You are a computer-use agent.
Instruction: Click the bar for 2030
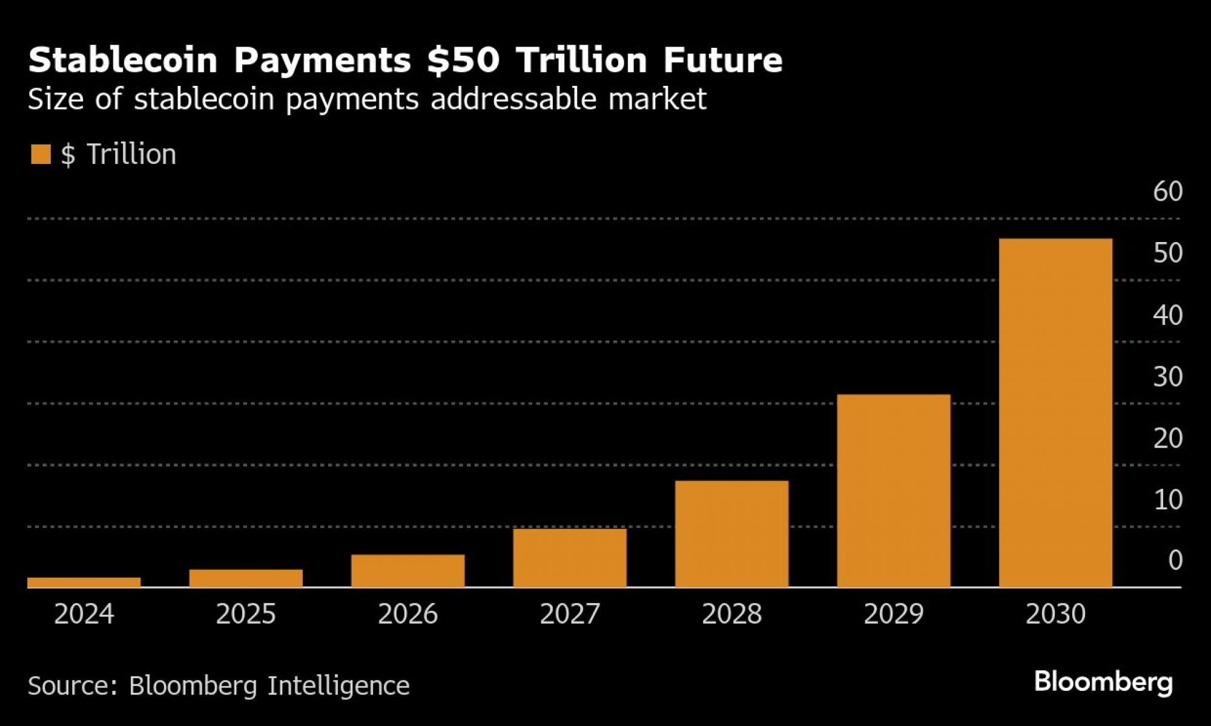click(x=1055, y=413)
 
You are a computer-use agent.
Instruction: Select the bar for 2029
click(x=894, y=491)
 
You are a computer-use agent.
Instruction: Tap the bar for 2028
click(x=731, y=534)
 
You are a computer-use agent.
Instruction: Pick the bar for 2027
click(x=570, y=558)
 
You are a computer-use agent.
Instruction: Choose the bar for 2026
click(x=408, y=571)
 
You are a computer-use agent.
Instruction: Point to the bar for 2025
click(x=246, y=578)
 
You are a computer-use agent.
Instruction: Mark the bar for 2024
click(x=84, y=582)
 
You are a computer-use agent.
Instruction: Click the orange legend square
click(x=41, y=154)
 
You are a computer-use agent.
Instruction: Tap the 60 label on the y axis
click(x=1167, y=192)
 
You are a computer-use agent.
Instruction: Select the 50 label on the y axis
click(x=1167, y=253)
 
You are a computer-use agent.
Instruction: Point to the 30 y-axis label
click(x=1167, y=377)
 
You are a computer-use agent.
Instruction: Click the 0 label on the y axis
click(x=1175, y=561)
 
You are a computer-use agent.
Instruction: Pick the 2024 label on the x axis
click(x=84, y=614)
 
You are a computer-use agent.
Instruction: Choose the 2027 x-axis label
click(x=570, y=614)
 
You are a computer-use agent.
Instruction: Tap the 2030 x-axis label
click(x=1055, y=614)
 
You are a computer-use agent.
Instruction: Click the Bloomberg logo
click(x=1103, y=682)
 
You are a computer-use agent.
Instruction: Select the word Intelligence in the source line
click(x=338, y=686)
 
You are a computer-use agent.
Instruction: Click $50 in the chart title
click(x=463, y=60)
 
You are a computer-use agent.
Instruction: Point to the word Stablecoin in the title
click(x=122, y=60)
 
